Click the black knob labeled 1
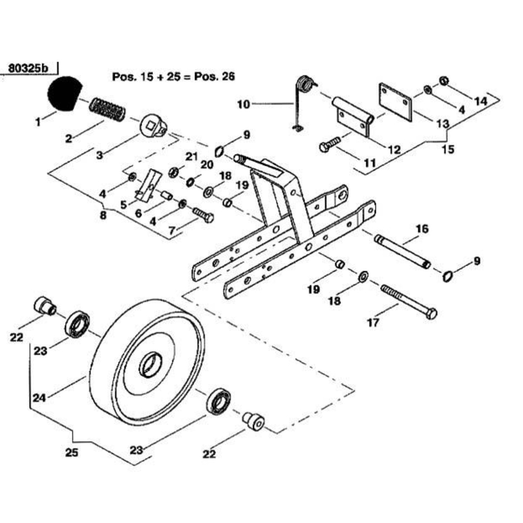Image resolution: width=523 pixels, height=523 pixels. [x=65, y=93]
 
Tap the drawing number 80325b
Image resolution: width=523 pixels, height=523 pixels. [x=28, y=68]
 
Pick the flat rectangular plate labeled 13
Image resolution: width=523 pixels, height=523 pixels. [x=395, y=102]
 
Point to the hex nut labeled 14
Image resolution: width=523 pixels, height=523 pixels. [x=444, y=81]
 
